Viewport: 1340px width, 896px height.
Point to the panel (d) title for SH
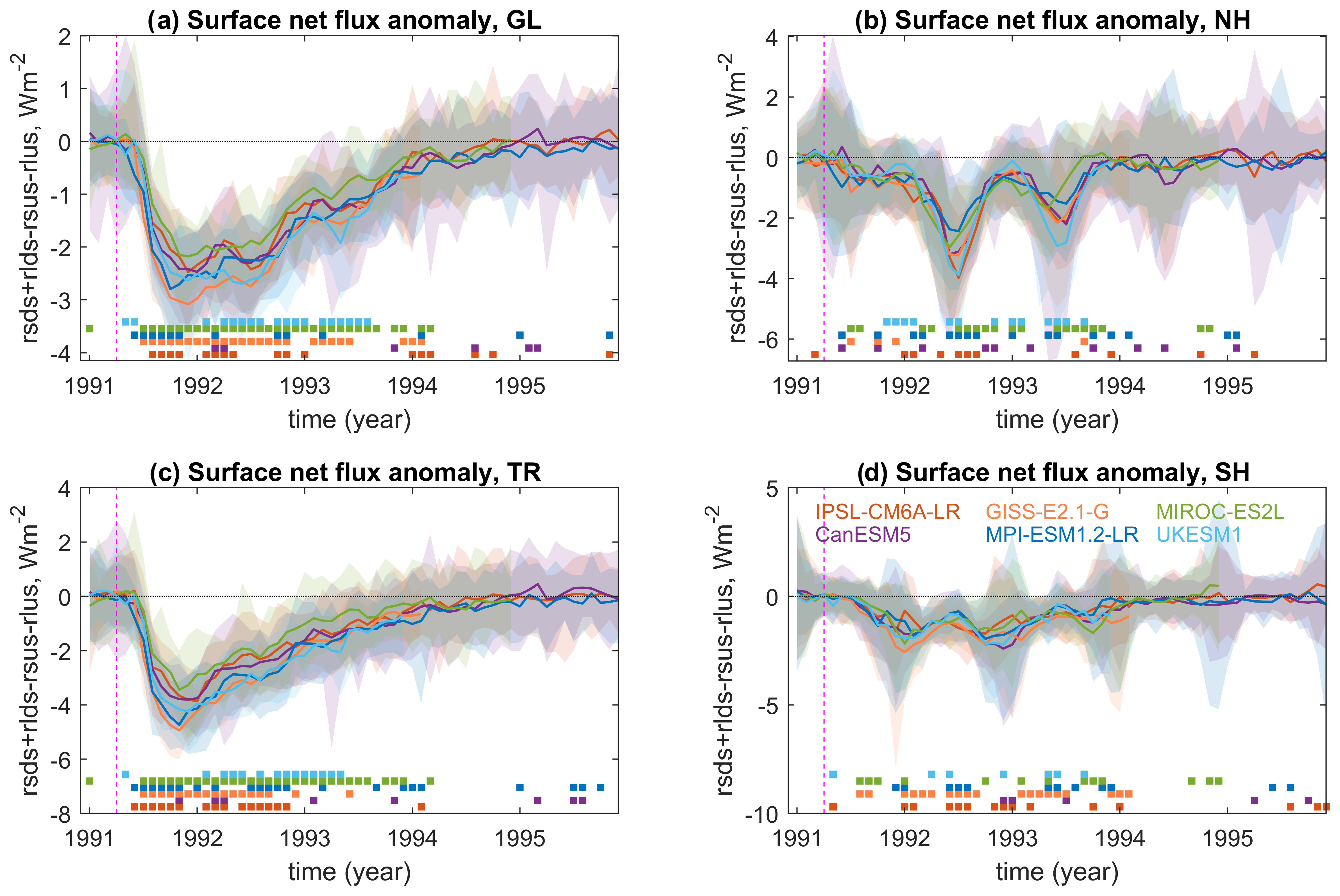tap(1053, 473)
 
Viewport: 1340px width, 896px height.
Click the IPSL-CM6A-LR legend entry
tap(887, 511)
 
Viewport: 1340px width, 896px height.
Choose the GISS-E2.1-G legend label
tap(1047, 511)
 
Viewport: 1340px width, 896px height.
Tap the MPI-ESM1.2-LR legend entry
tap(1062, 534)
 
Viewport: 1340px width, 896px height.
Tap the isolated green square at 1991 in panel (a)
tap(89, 329)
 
